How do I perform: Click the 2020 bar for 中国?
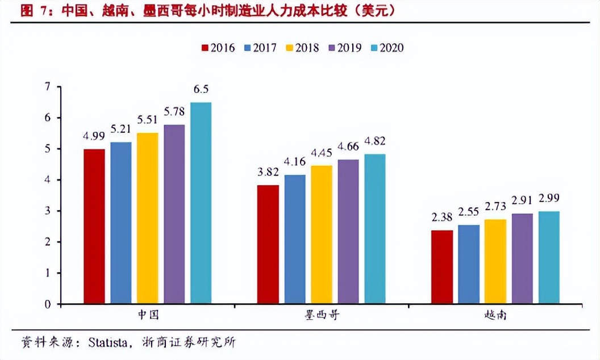(x=201, y=203)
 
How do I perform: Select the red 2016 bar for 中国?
(x=94, y=226)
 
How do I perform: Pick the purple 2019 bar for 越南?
(x=522, y=258)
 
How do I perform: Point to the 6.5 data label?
(x=201, y=89)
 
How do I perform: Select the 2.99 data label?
(x=549, y=199)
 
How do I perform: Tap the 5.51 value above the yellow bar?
(x=148, y=120)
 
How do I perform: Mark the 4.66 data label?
(x=348, y=147)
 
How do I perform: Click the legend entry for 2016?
(x=218, y=48)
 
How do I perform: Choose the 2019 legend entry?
(x=344, y=48)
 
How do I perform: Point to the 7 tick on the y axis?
(x=48, y=87)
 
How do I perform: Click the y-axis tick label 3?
(x=48, y=211)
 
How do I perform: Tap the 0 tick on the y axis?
(x=48, y=304)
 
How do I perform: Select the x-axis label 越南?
(x=495, y=316)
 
